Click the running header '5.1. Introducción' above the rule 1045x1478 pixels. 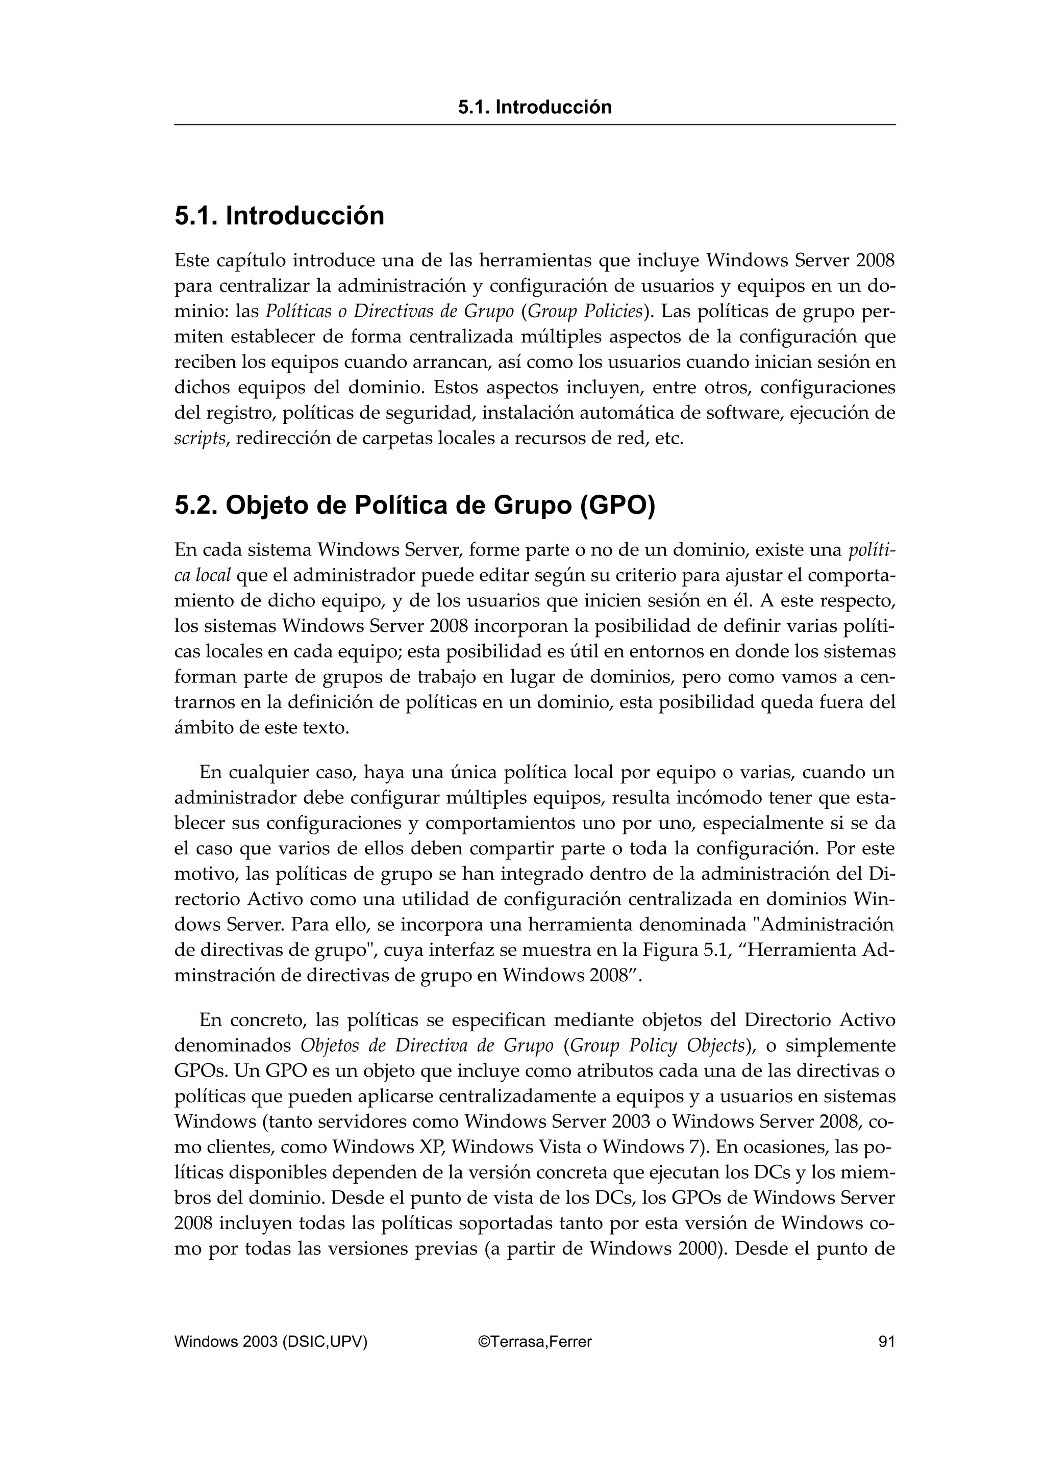[x=534, y=107]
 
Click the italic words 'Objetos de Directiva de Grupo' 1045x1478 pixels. [x=427, y=1046]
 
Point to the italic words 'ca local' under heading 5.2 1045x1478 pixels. [x=202, y=575]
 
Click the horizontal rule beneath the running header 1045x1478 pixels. [x=534, y=125]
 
